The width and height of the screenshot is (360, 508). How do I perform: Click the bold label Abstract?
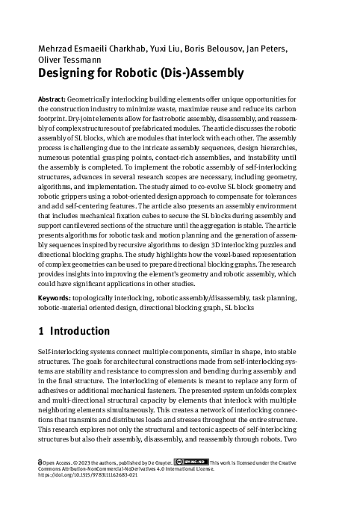[x=51, y=99]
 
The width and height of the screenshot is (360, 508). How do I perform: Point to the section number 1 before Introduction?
[x=40, y=332]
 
